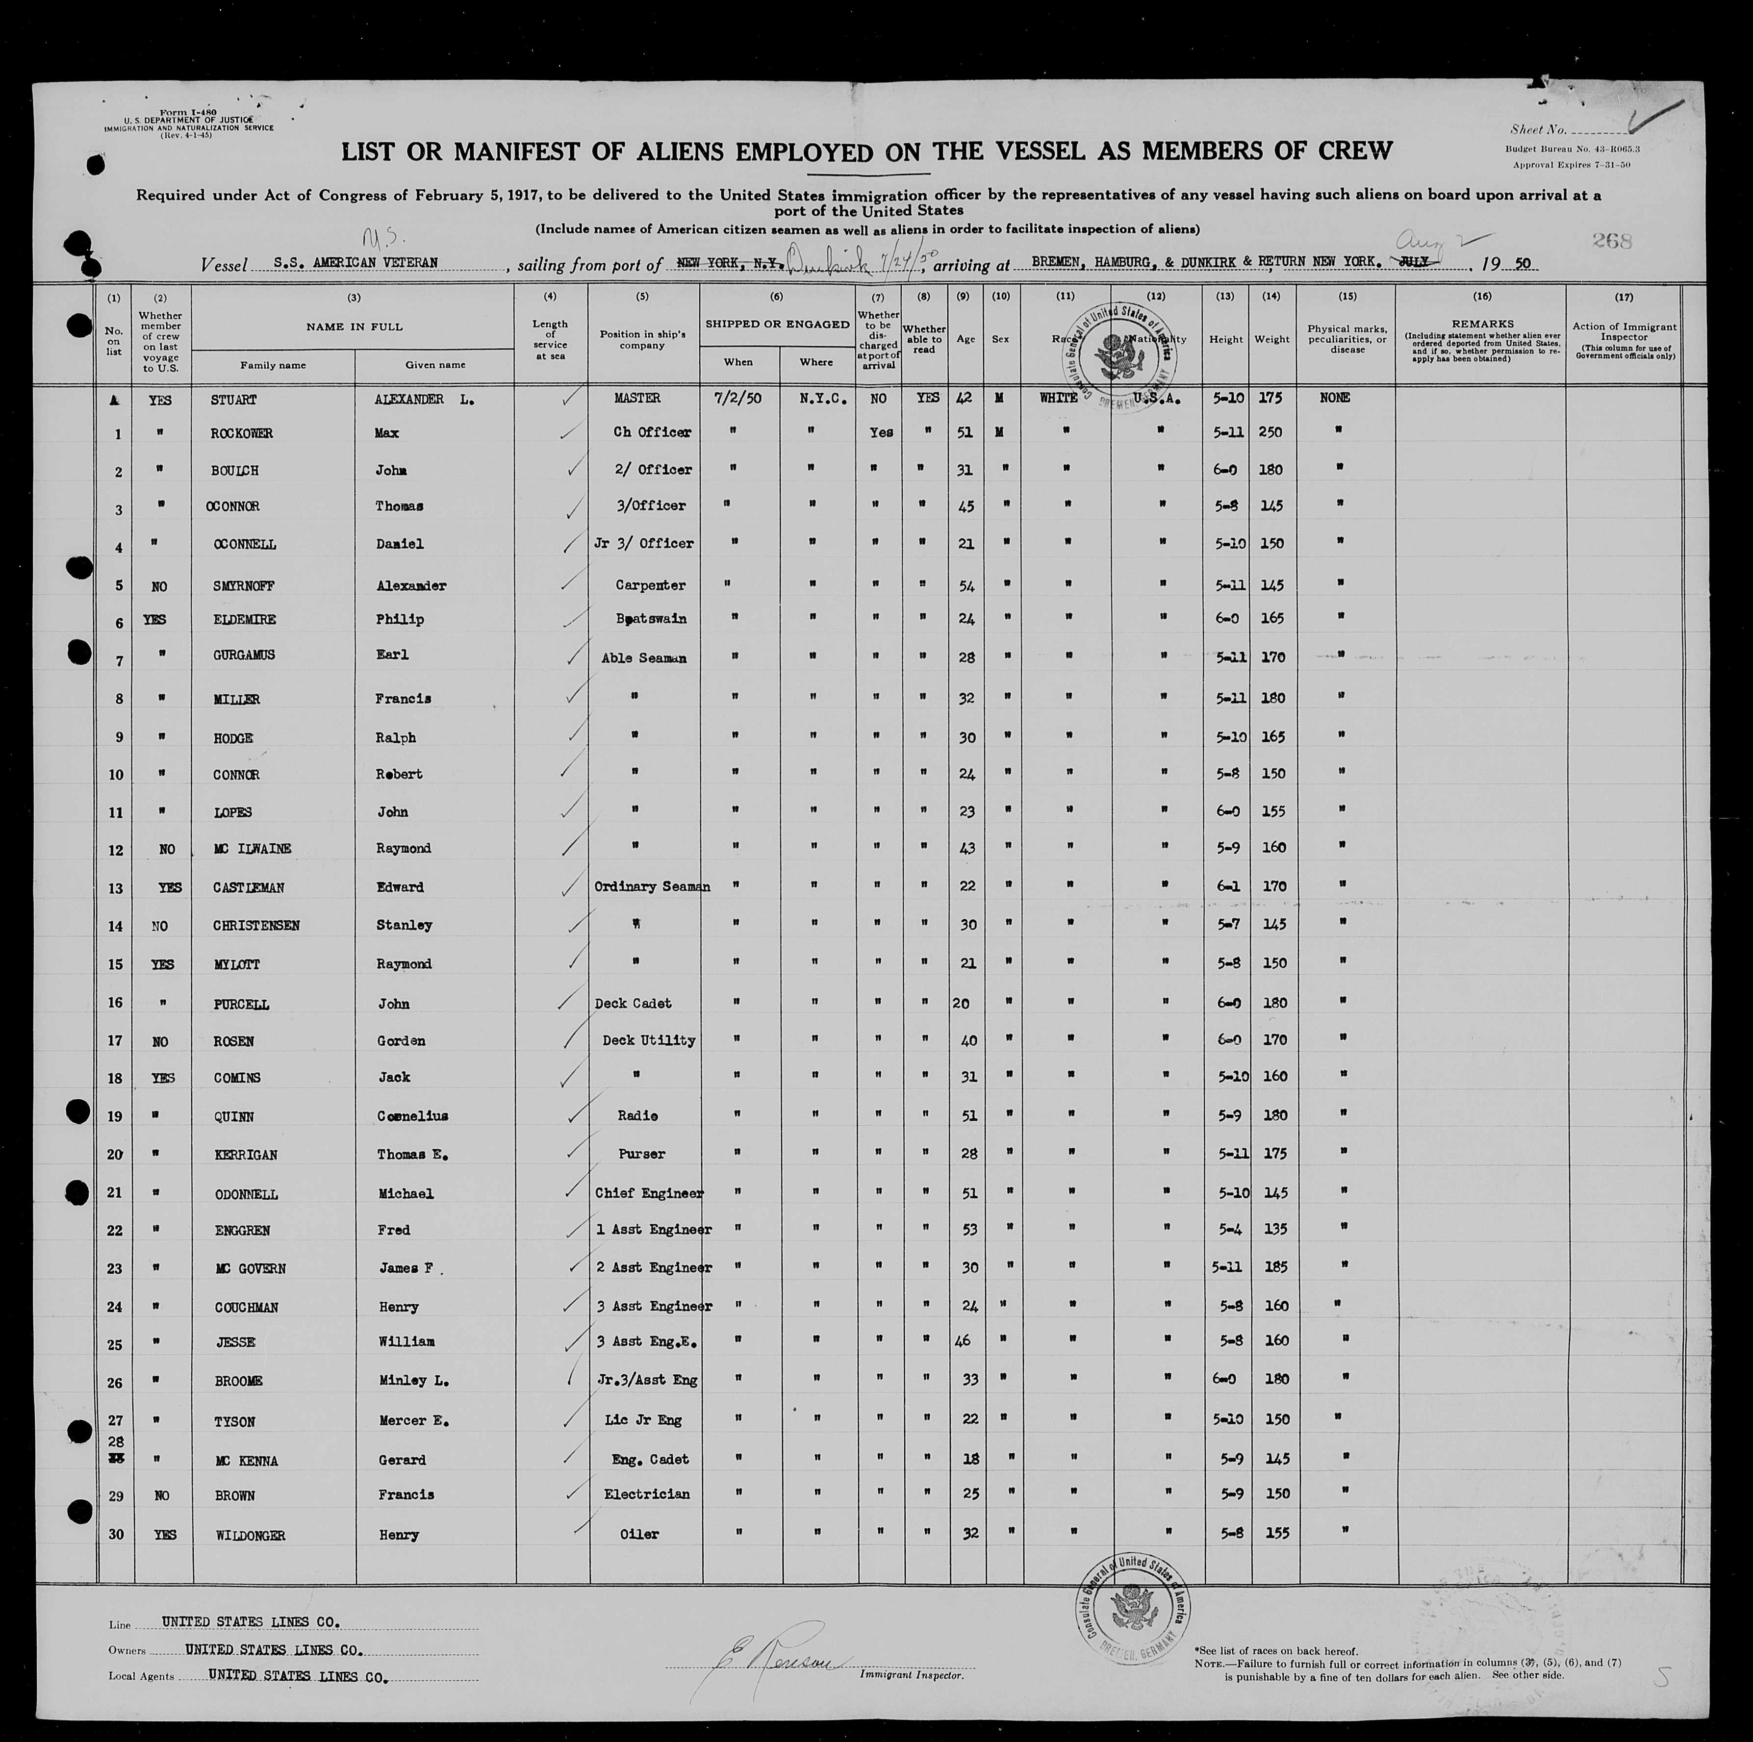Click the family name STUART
point(233,400)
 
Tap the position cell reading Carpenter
point(650,585)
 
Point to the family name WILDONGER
point(251,1535)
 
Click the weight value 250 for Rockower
point(1270,433)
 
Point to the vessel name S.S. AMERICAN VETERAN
point(356,263)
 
